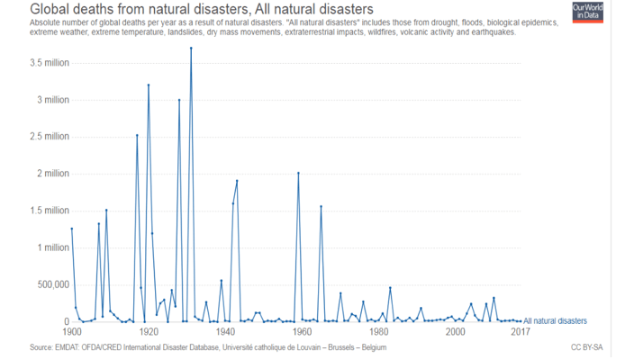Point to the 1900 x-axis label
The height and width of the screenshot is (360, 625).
click(71, 332)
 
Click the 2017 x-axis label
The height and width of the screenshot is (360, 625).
click(521, 332)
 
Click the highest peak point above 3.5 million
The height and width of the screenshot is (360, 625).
click(191, 49)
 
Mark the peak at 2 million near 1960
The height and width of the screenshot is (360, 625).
click(298, 173)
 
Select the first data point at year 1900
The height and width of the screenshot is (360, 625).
click(71, 229)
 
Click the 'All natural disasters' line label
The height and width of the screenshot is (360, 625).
click(556, 320)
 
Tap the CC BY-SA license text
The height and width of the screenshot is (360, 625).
click(586, 347)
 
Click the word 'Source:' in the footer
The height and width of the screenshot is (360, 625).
click(17, 347)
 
